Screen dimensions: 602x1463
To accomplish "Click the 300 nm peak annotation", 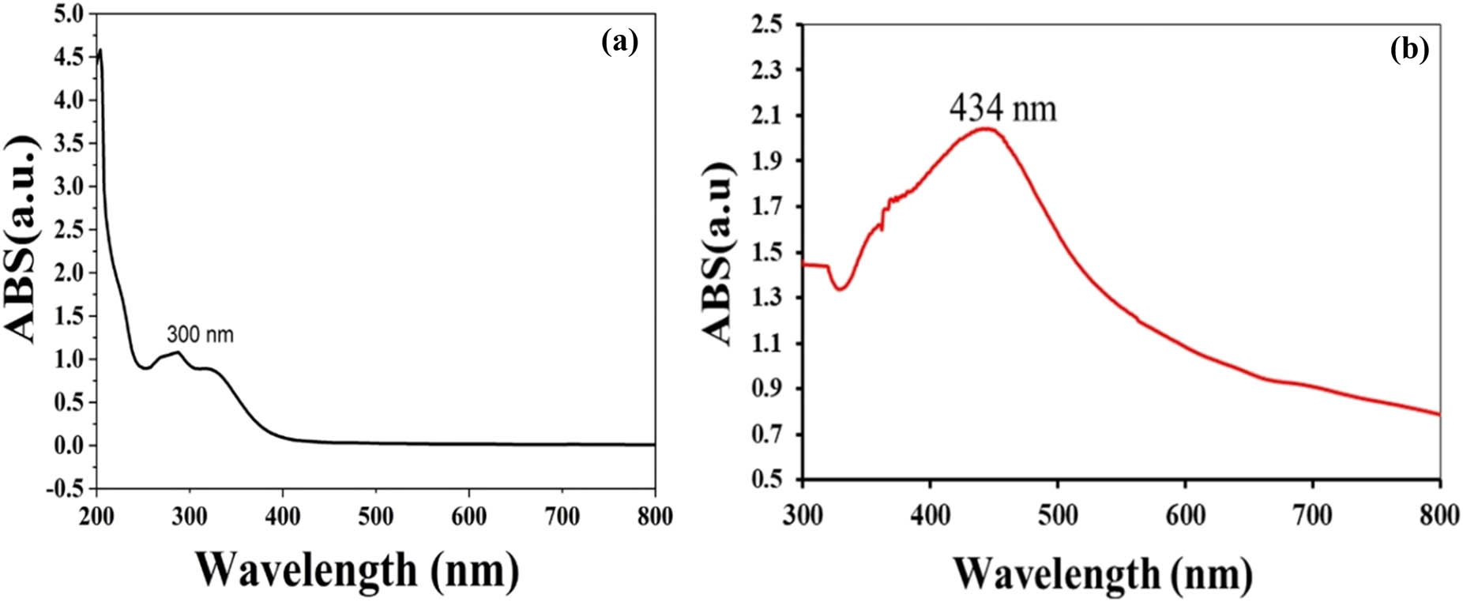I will click(x=200, y=335).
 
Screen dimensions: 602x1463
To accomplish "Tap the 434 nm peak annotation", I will click(x=1002, y=108).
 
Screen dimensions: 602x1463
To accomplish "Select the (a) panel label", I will click(x=619, y=41).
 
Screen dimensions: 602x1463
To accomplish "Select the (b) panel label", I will click(x=1409, y=49).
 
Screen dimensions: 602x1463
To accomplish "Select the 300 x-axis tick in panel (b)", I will click(x=803, y=514).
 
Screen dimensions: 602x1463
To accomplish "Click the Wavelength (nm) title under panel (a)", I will click(x=357, y=569).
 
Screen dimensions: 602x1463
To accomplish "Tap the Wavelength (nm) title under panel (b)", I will click(x=1103, y=574).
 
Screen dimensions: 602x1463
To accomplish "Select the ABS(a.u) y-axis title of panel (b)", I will click(x=720, y=253).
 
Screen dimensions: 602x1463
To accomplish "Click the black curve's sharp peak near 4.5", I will click(x=100, y=50).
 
